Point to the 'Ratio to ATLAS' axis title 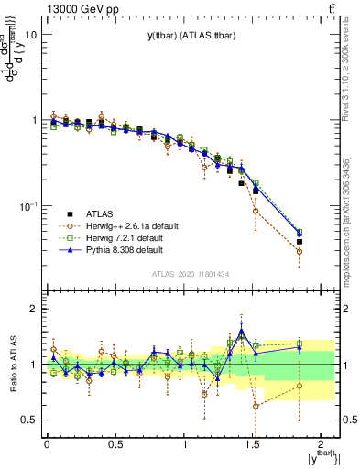coord(12,364)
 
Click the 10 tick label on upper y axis coord(31,35)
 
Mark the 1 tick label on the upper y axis coord(34,120)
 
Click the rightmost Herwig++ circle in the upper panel coord(300,251)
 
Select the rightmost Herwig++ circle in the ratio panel coord(300,386)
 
